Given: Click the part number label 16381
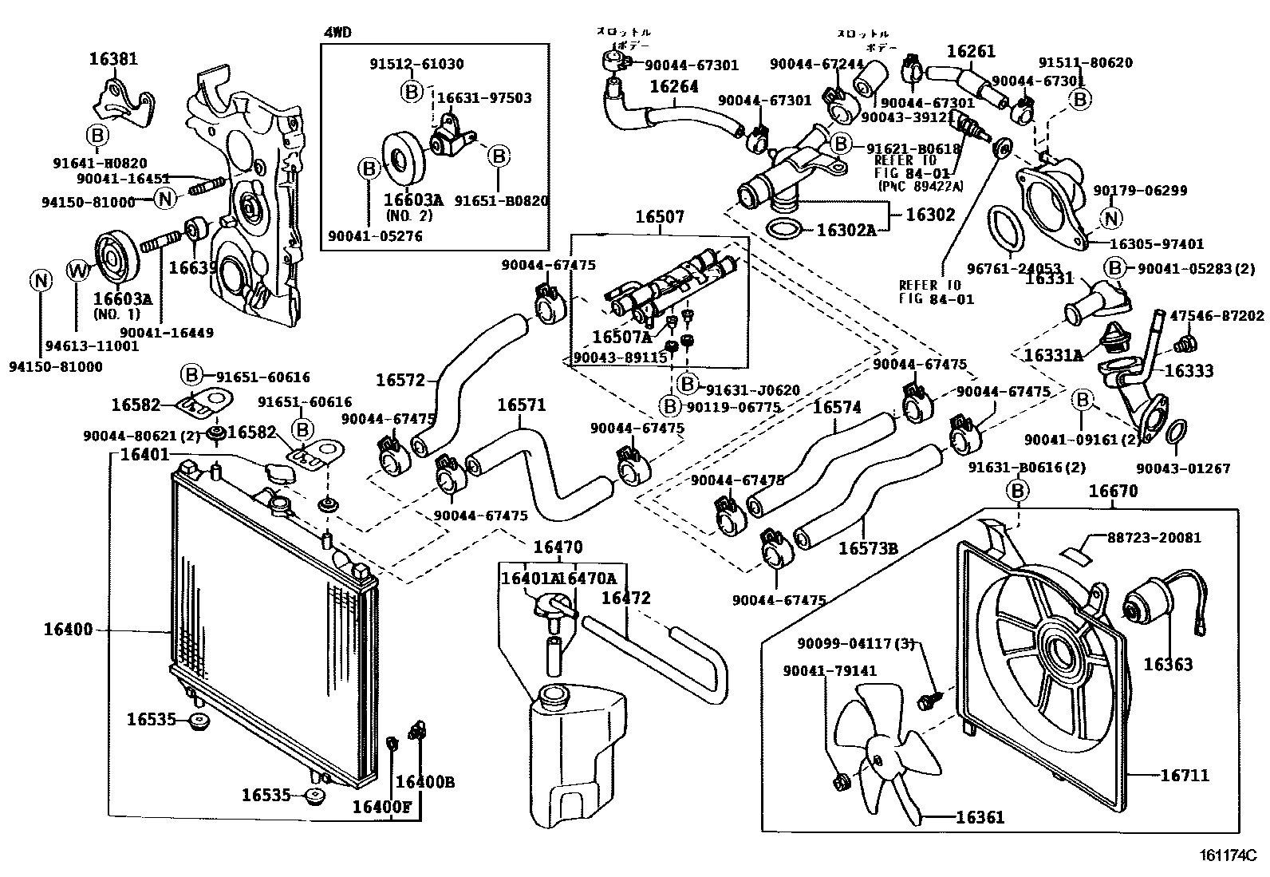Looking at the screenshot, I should pyautogui.click(x=112, y=58).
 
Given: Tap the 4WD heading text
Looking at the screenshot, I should pyautogui.click(x=337, y=33).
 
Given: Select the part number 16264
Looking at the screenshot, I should pyautogui.click(x=673, y=87).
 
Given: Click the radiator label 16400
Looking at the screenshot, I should pyautogui.click(x=68, y=630).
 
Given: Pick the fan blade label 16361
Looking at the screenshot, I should pyautogui.click(x=980, y=817).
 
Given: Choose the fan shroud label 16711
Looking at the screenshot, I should pyautogui.click(x=1185, y=775).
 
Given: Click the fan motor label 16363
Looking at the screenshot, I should pyautogui.click(x=1168, y=664).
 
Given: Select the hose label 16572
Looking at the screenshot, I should pyautogui.click(x=400, y=381).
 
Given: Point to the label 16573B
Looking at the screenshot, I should pyautogui.click(x=868, y=548).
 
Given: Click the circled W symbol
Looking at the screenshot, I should pyautogui.click(x=77, y=271).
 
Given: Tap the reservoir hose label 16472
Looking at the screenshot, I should pyautogui.click(x=625, y=598).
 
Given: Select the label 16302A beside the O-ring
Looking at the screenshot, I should pyautogui.click(x=846, y=231).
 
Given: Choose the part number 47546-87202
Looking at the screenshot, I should pyautogui.click(x=1217, y=316).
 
